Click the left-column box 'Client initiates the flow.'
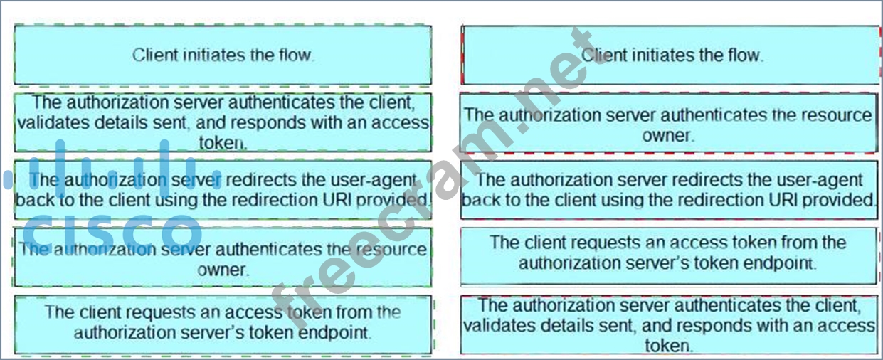223,55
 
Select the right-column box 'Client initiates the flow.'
671,55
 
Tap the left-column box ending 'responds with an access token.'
223,122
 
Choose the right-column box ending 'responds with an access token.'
669,325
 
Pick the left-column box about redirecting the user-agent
223,190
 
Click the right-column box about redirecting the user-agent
669,190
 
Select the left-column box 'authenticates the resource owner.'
223,259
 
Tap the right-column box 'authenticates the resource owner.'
669,124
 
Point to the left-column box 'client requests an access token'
223,322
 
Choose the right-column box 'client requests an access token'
669,253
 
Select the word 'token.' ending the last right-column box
669,346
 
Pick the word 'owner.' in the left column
223,270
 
